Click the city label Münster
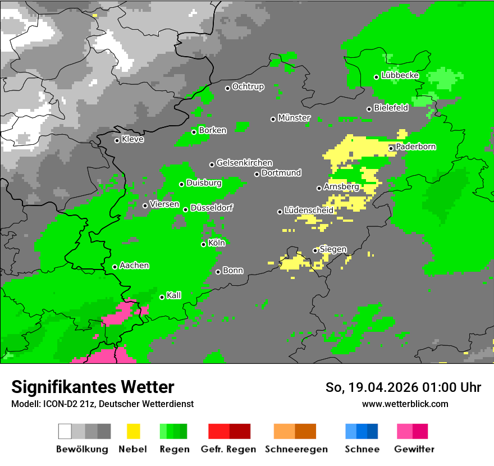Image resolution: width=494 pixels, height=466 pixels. (x=294, y=118)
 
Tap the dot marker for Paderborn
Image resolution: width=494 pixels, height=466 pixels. (x=391, y=148)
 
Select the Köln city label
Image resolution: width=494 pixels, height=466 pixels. (x=217, y=243)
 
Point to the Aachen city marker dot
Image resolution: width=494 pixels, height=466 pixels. (x=115, y=267)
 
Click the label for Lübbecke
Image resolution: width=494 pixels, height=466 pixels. (x=400, y=75)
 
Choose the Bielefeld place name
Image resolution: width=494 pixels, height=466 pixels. (x=391, y=108)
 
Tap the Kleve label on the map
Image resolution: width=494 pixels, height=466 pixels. (x=132, y=139)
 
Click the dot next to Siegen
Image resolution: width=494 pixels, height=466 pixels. (x=315, y=250)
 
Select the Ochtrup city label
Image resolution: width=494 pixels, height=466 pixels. (x=248, y=87)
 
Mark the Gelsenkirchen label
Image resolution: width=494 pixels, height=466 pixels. (x=244, y=163)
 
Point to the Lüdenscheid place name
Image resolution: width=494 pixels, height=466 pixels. (x=309, y=211)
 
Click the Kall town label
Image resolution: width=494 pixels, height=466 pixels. (x=174, y=295)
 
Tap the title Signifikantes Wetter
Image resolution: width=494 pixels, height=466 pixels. (x=93, y=387)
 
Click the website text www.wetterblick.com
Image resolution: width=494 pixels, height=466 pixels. (x=405, y=404)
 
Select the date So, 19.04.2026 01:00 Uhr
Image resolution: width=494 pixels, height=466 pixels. (x=403, y=387)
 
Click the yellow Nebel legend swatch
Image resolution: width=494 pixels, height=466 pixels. (x=133, y=431)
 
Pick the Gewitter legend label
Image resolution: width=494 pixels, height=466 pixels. (x=414, y=449)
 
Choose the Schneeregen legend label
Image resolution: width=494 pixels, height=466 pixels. (x=296, y=449)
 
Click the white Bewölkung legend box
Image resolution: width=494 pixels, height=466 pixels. (x=65, y=431)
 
